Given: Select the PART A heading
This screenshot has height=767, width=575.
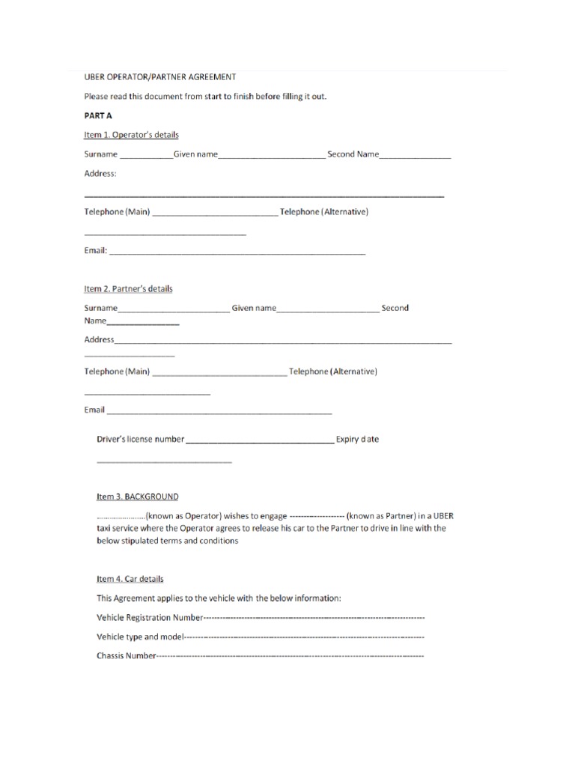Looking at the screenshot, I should [x=97, y=115].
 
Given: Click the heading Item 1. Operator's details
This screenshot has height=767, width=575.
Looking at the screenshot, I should [x=131, y=135].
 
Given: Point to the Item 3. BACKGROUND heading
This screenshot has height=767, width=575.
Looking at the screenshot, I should [x=138, y=497].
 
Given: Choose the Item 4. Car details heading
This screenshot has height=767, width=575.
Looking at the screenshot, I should [x=130, y=579].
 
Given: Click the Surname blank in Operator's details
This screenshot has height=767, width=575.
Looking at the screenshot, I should [x=146, y=157].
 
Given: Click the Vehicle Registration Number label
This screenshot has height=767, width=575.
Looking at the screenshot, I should [x=150, y=618].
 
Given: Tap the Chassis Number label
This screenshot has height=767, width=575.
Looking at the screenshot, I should [x=126, y=657].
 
